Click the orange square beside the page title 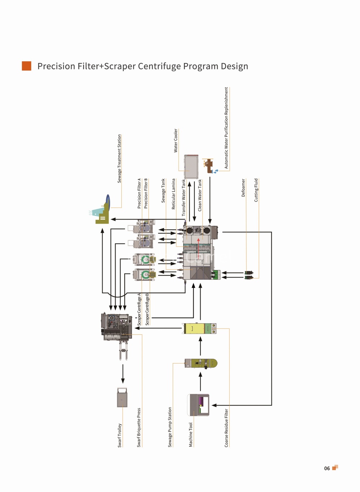(x=27, y=66)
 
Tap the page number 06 (x=327, y=468)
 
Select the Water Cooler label (x=176, y=141)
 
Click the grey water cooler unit (x=191, y=167)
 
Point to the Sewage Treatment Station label (x=119, y=159)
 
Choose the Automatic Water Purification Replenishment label (x=226, y=128)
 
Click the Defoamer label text (x=243, y=188)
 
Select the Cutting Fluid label (x=256, y=190)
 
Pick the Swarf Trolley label (x=120, y=435)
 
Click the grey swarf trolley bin (x=122, y=397)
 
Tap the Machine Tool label (x=191, y=435)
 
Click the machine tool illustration (x=198, y=405)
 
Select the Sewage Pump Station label (x=170, y=427)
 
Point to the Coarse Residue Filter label (x=226, y=428)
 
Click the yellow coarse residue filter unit (x=199, y=329)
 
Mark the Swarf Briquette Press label (x=139, y=428)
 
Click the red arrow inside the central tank (x=199, y=248)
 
